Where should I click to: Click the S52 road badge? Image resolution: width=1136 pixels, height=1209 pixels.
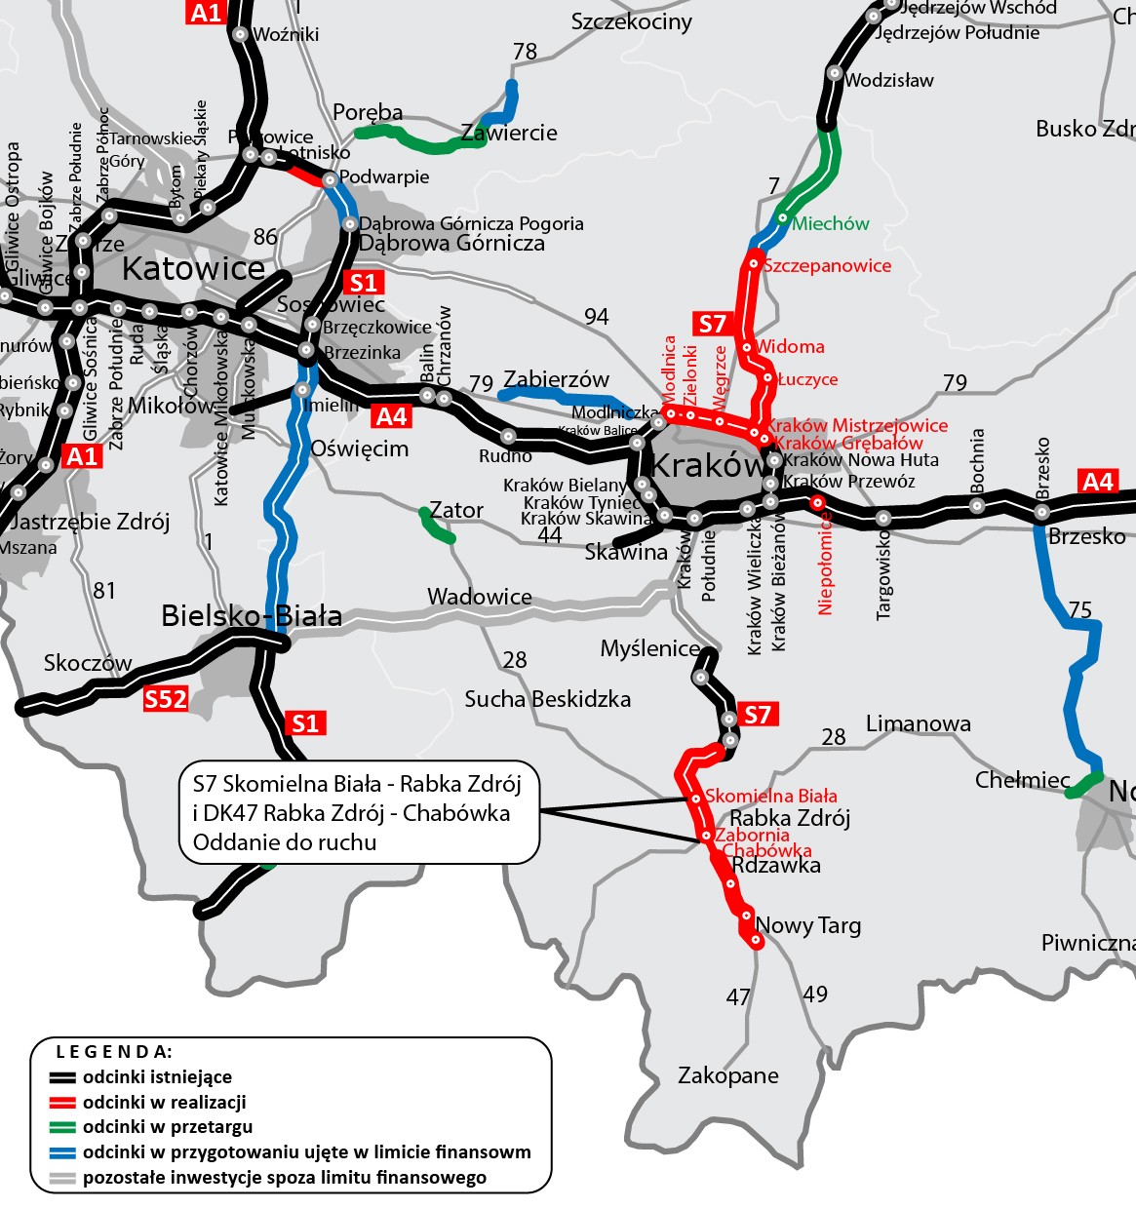[165, 699]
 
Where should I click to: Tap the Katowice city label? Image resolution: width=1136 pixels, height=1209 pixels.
[193, 269]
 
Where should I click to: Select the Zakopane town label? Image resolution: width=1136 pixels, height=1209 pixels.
[728, 1075]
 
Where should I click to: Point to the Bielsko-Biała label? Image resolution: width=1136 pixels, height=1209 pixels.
[252, 616]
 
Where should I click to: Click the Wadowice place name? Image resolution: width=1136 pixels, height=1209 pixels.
[480, 597]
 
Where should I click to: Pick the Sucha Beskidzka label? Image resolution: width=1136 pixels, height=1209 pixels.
[547, 699]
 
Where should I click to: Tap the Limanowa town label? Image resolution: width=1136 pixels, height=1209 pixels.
[918, 723]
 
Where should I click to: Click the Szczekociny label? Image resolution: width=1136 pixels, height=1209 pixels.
[632, 21]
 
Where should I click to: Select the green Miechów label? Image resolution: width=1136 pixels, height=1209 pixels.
[830, 224]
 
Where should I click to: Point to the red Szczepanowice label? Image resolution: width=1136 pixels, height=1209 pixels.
[827, 266]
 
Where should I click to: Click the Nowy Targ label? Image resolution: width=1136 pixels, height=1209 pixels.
[808, 925]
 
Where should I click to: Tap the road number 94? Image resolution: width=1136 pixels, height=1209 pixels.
[597, 317]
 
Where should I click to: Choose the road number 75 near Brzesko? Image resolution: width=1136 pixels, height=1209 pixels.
[1080, 610]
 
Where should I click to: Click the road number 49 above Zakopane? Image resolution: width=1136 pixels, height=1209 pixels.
[815, 994]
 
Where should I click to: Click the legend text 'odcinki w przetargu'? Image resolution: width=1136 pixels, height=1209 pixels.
[168, 1127]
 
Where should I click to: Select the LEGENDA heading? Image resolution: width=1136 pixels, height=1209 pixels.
[114, 1052]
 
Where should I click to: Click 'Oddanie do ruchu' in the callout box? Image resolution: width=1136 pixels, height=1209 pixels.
[285, 842]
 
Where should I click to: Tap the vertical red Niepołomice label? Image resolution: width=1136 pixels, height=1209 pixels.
[826, 564]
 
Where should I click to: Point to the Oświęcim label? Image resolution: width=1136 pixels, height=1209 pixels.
[359, 449]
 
